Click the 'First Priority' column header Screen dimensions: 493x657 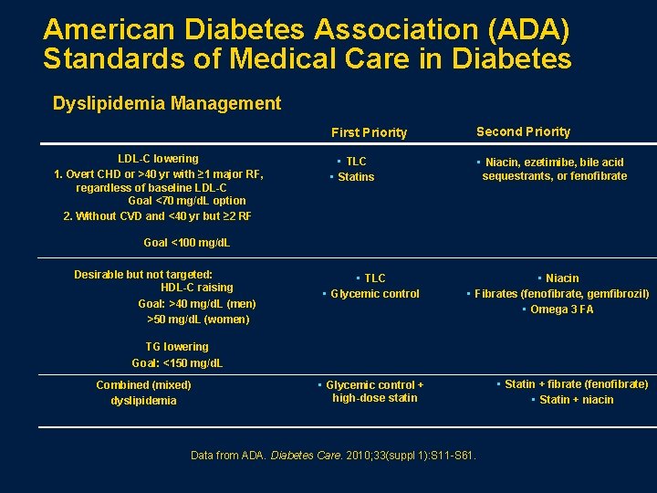coord(369,132)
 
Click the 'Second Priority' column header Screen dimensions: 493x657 coord(523,131)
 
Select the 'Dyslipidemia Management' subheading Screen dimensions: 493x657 coord(167,103)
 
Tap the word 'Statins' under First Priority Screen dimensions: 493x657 coord(356,177)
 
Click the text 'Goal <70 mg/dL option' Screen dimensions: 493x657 coord(187,200)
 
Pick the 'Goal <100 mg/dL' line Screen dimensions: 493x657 coord(187,243)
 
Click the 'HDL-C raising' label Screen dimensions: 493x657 coord(196,288)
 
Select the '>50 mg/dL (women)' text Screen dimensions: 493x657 coord(198,320)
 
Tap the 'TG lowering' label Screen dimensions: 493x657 coord(177,347)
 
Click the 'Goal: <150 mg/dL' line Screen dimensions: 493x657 coord(177,362)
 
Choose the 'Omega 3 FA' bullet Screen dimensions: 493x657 coord(561,309)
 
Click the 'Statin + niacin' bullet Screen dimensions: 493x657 coord(576,400)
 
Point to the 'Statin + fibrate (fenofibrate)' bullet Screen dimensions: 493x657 coord(576,384)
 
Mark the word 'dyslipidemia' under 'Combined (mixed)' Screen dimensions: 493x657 coord(144,401)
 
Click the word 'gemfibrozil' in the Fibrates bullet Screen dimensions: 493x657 coord(617,294)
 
